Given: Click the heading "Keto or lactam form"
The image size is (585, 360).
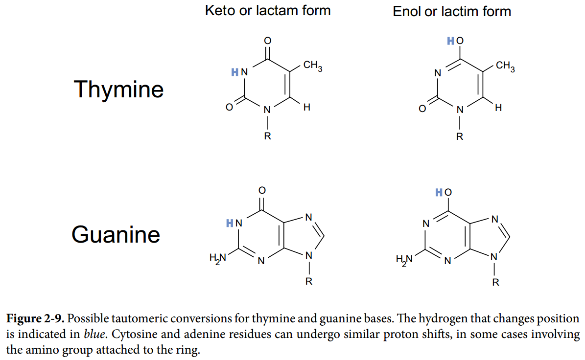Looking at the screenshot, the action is tap(267, 10).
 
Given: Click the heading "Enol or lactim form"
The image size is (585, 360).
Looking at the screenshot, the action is tap(451, 11).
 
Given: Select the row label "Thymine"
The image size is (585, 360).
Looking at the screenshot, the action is tap(118, 90).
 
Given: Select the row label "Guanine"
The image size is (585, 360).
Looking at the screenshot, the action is tap(116, 234).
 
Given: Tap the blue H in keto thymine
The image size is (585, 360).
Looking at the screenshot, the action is tap(234, 72).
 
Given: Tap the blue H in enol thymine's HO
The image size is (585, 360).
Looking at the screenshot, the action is tap(450, 41).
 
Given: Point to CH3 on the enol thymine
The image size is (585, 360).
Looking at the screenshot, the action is tap(505, 66).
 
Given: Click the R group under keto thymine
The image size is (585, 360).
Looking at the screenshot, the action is tap(267, 135).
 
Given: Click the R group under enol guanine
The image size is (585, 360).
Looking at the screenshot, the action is tap(495, 282).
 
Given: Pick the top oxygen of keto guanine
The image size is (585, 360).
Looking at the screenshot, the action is tap(262, 189).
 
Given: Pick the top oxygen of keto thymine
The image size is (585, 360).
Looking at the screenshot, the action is tap(267, 41).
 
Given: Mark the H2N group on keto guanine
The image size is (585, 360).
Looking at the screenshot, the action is tap(218, 258).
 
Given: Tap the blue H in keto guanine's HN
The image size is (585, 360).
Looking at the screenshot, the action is tap(230, 224).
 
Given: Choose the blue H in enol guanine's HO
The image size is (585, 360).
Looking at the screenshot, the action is tap(439, 192).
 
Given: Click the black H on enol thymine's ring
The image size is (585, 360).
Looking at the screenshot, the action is tap(498, 108).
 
